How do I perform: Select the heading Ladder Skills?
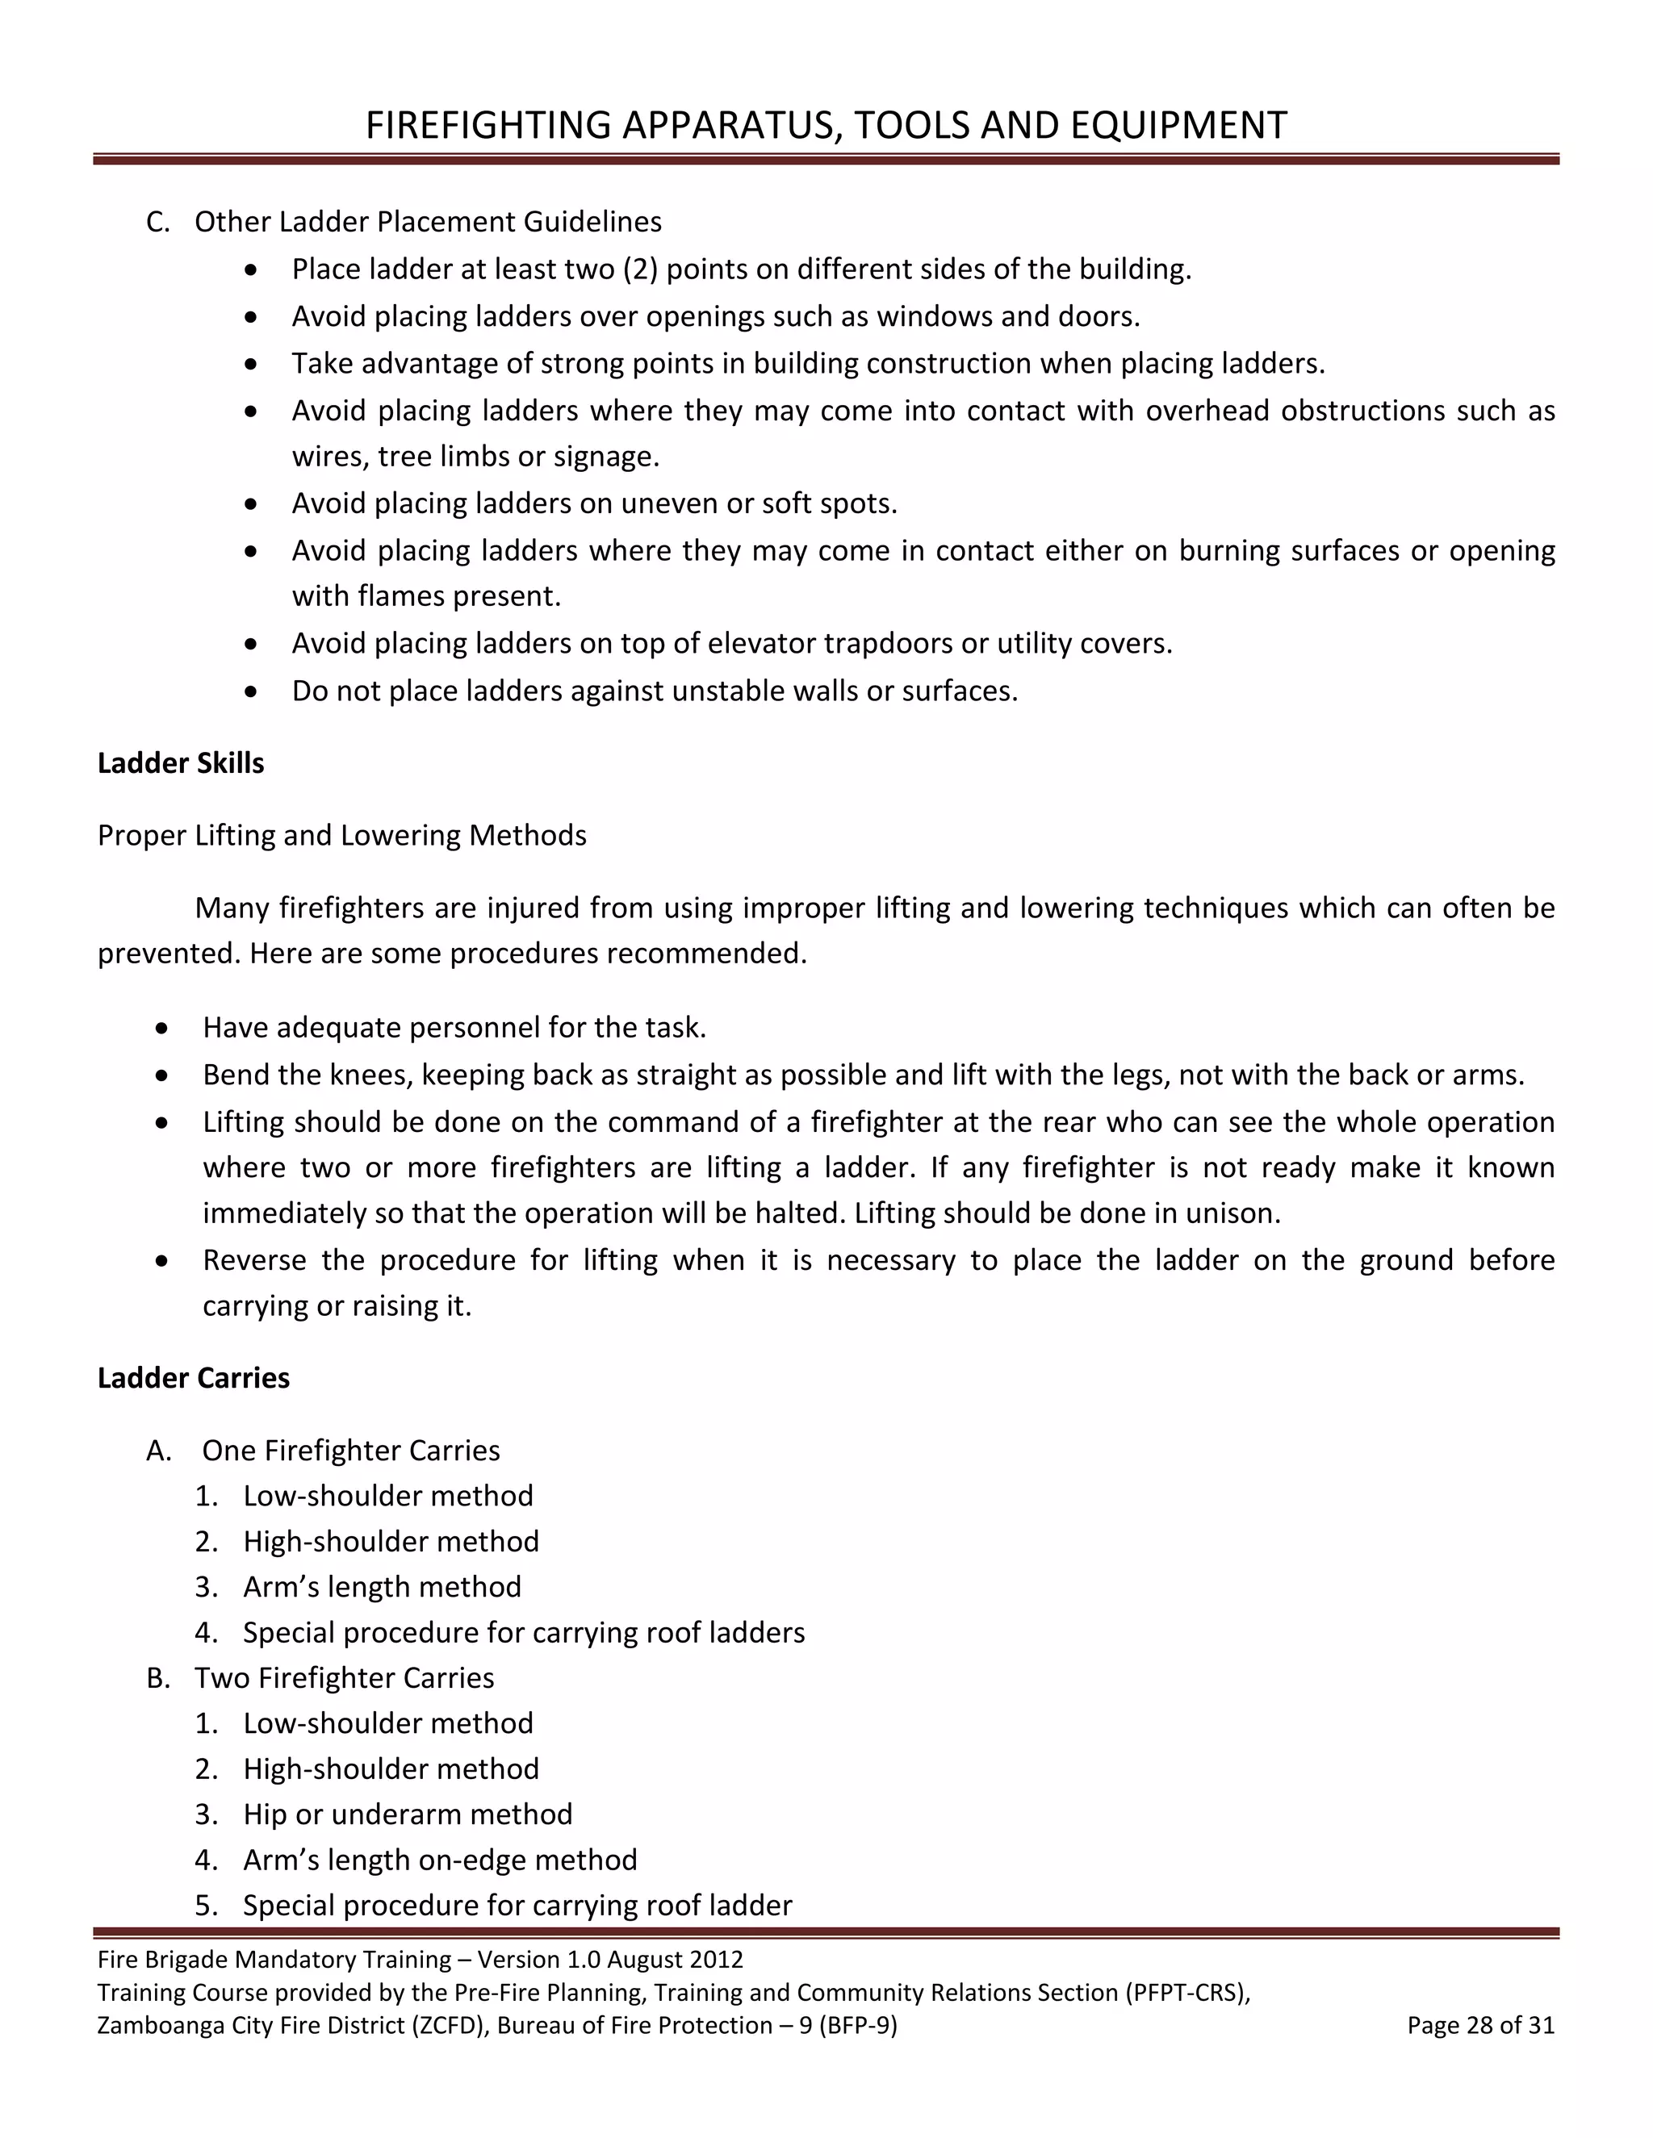point(180,762)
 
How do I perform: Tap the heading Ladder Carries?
point(193,1377)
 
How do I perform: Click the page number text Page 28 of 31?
point(1479,2024)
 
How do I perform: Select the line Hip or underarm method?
point(407,1814)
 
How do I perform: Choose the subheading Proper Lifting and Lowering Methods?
point(341,835)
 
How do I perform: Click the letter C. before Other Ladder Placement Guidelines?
point(157,222)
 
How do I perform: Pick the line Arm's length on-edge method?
point(439,1859)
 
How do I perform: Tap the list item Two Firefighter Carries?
point(344,1677)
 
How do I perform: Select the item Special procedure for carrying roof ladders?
point(523,1632)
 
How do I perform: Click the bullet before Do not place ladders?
point(252,692)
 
